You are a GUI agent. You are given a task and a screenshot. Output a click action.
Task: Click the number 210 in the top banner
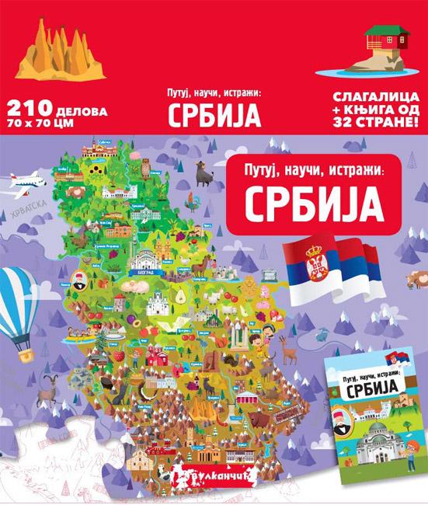pos(25,110)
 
